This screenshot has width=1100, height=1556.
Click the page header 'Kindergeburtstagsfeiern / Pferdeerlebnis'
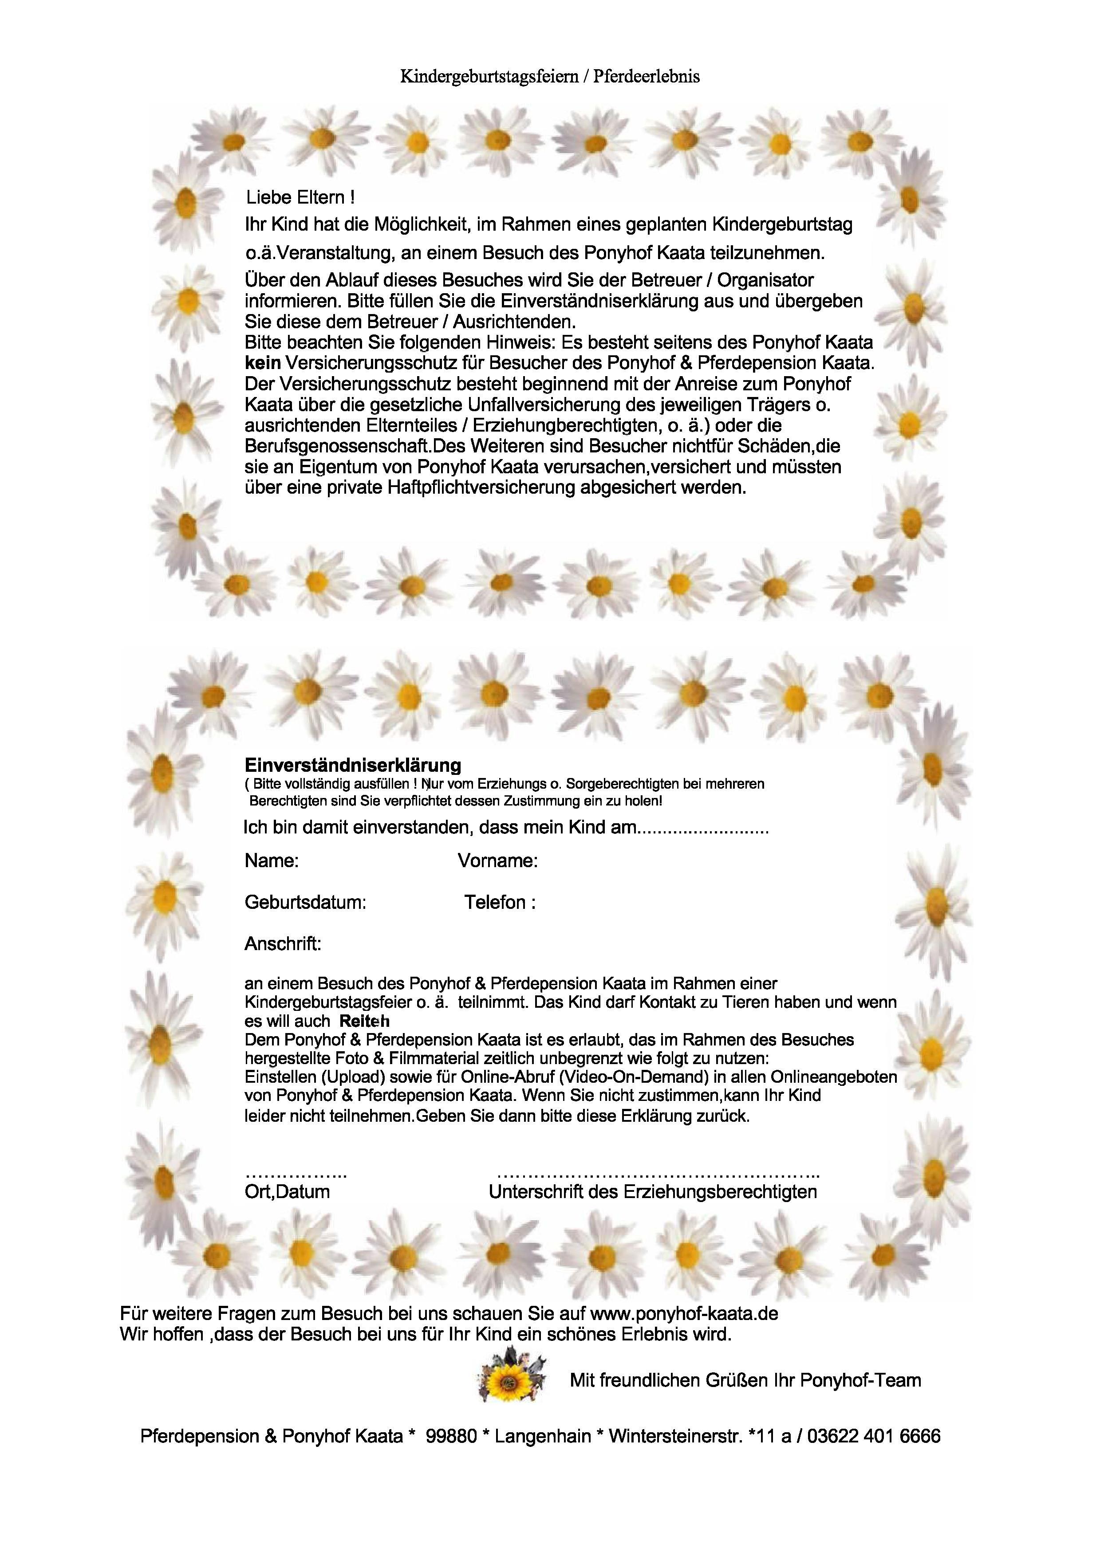tap(550, 77)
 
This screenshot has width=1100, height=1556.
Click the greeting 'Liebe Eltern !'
tap(300, 198)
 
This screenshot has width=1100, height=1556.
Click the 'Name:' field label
tap(271, 861)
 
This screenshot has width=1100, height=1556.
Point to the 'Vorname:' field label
tap(497, 861)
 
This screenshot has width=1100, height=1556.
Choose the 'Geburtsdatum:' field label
tap(305, 903)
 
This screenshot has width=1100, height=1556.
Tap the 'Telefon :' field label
tap(500, 903)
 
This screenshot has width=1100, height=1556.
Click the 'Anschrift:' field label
tap(283, 944)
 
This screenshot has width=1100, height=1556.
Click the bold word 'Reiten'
tap(365, 1022)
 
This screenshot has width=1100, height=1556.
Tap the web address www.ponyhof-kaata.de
tap(685, 1313)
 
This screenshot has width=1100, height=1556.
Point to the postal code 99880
tap(451, 1436)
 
